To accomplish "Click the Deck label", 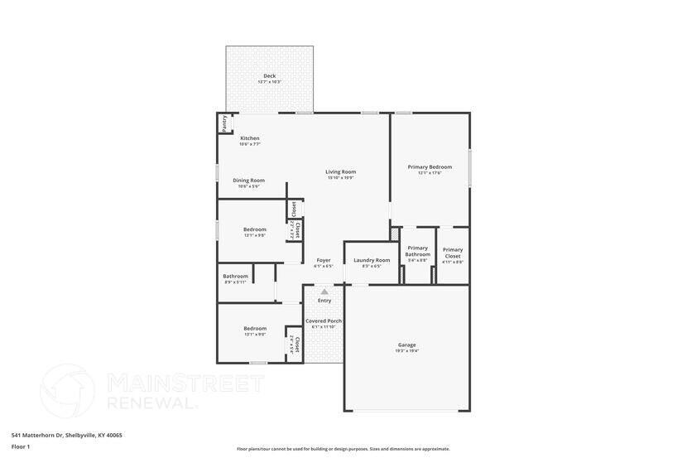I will coord(270,75).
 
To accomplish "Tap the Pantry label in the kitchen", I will coord(223,123).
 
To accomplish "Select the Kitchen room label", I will coord(250,138).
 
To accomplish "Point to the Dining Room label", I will coord(248,181).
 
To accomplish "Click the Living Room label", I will coord(340,171).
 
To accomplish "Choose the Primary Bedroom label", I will coord(430,166).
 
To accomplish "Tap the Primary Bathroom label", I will coord(418,251).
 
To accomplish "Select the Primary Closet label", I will coord(453,253).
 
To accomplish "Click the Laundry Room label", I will coord(372,260).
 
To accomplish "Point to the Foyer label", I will coord(324,260).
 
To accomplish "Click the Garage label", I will coord(407,345).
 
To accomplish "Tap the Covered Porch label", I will coord(324,321).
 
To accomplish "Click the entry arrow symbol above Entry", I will coord(324,292).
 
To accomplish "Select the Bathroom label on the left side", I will coord(235,276).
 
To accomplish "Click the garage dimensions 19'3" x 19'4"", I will coord(407,351).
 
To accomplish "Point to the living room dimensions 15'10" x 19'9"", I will coord(340,178).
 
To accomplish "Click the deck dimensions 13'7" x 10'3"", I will coord(270,82).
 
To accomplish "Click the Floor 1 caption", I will coord(21,446).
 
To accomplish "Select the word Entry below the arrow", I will coord(324,301).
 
